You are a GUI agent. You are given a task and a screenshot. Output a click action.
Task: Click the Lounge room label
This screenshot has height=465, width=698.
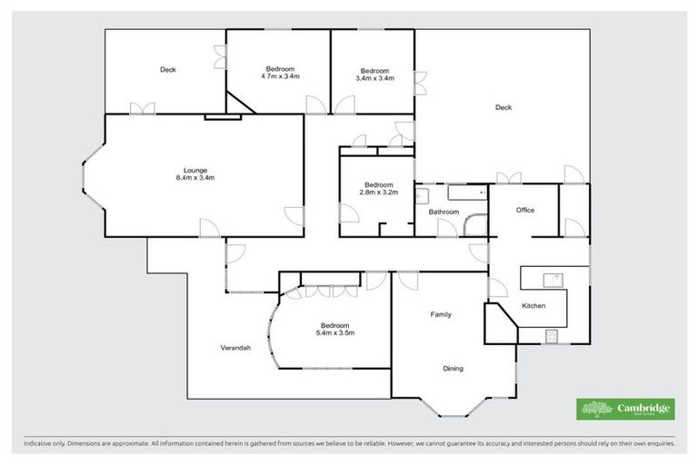pyautogui.click(x=195, y=170)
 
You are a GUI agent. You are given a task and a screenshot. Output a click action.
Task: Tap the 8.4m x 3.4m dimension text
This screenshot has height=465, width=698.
pyautogui.click(x=195, y=178)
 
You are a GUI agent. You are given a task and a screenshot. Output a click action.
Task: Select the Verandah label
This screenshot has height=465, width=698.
pyautogui.click(x=235, y=348)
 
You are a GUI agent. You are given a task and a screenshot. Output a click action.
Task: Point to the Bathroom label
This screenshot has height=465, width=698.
pyautogui.click(x=444, y=213)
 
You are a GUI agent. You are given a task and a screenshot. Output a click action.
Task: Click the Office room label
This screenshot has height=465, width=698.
pyautogui.click(x=525, y=210)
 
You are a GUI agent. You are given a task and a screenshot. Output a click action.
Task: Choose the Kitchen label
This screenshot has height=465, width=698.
pyautogui.click(x=533, y=306)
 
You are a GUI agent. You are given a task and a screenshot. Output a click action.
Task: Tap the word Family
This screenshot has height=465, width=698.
pyautogui.click(x=441, y=314)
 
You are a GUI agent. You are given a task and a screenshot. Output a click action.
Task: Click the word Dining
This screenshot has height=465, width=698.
pyautogui.click(x=453, y=369)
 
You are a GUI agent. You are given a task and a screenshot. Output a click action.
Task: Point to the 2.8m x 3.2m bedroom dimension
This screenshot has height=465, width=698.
pyautogui.click(x=376, y=193)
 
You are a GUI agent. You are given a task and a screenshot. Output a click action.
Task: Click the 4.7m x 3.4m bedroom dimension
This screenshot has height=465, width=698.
pyautogui.click(x=280, y=77)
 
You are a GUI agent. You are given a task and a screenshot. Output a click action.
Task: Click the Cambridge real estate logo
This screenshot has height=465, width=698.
pyautogui.click(x=626, y=409)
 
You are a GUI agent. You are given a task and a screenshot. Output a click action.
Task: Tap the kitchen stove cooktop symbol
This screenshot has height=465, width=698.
pyautogui.click(x=552, y=336)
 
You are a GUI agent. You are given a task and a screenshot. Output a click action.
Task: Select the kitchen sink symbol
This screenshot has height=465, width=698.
pyautogui.click(x=551, y=278)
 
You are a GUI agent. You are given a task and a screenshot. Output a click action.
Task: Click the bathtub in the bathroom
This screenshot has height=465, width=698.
pyautogui.click(x=465, y=193)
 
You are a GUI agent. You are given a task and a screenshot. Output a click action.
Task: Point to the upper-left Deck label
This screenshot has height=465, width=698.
pyautogui.click(x=167, y=70)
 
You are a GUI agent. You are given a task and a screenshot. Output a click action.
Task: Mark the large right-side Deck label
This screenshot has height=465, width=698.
pyautogui.click(x=504, y=107)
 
